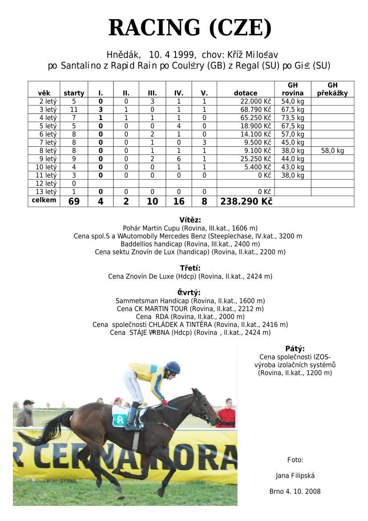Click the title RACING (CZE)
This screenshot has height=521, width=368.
[190, 28]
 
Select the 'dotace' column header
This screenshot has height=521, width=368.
[245, 93]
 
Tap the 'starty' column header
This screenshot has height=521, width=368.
[74, 93]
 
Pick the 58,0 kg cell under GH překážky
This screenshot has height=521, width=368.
[332, 151]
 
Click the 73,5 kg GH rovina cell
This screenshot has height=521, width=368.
[293, 118]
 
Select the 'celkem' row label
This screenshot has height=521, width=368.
[44, 200]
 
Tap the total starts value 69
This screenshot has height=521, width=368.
[74, 202]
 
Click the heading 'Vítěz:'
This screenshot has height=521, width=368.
[190, 220]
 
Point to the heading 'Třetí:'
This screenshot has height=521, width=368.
[190, 268]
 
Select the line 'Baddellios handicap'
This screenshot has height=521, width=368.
[190, 244]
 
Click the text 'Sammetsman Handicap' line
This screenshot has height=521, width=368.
[190, 301]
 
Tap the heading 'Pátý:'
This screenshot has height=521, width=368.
[295, 349]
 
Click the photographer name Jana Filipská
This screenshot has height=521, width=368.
[295, 476]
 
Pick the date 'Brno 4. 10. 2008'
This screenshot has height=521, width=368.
[295, 492]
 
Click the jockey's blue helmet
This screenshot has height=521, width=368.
[173, 367]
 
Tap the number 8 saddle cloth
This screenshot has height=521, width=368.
[120, 418]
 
